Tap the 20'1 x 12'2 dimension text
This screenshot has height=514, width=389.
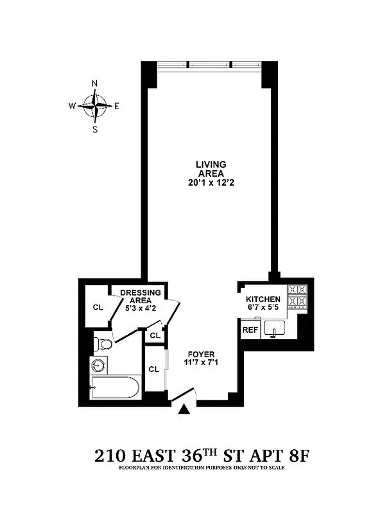tap(211, 182)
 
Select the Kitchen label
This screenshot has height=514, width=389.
tap(263, 300)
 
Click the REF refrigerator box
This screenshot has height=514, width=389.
tap(249, 330)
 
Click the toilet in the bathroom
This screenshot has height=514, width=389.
tap(102, 344)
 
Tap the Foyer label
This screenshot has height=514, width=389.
tap(201, 355)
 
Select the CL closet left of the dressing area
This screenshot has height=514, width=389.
tap(98, 307)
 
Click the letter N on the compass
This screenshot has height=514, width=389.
tap(95, 84)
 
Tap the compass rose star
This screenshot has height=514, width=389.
tap(96, 106)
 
